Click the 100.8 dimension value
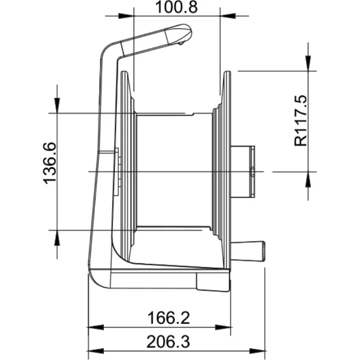tap(176, 7)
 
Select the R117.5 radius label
tap(301, 121)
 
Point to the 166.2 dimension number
tap(168, 318)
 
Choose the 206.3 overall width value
tap(168, 342)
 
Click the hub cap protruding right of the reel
tap(243, 172)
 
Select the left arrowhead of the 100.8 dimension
tap(126, 16)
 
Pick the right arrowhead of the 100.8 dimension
tap(228, 16)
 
